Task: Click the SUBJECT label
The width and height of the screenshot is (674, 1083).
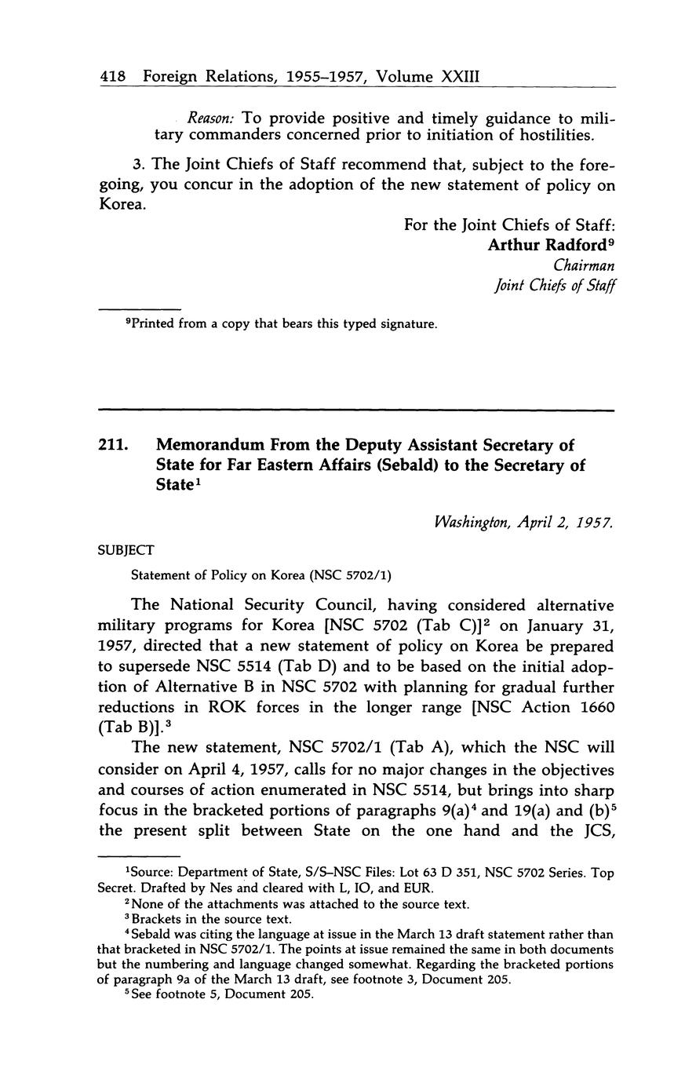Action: (126, 549)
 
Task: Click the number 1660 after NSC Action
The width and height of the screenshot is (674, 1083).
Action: (595, 708)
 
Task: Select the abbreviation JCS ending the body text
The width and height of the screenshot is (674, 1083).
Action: (596, 830)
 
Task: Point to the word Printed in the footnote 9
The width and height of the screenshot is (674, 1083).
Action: (152, 323)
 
